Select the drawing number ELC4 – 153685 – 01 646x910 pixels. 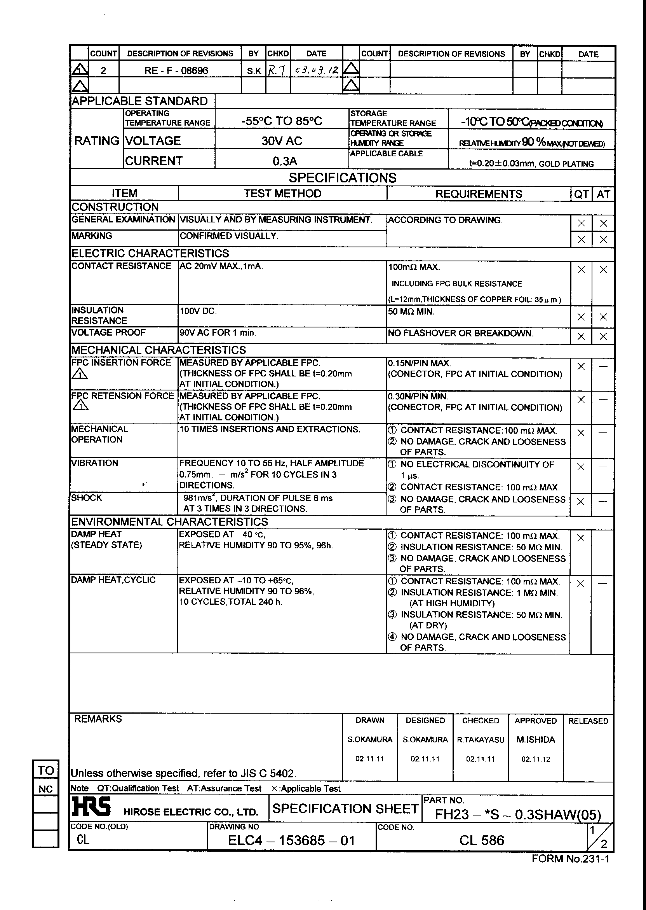click(291, 840)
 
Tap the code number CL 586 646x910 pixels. click(481, 840)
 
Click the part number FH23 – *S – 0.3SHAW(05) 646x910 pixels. click(517, 814)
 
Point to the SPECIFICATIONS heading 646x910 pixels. click(343, 178)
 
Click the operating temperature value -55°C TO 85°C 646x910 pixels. click(282, 121)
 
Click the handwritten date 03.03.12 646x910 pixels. click(317, 70)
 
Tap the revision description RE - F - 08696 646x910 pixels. click(176, 71)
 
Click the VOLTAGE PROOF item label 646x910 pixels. click(108, 332)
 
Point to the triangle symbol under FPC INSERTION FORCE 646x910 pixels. click(80, 374)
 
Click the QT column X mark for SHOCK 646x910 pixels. click(580, 501)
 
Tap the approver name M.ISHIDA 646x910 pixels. click(535, 740)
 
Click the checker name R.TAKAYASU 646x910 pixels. click(481, 740)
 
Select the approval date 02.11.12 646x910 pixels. click(535, 759)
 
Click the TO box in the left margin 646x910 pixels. click(46, 770)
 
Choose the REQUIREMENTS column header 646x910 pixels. click(479, 194)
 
